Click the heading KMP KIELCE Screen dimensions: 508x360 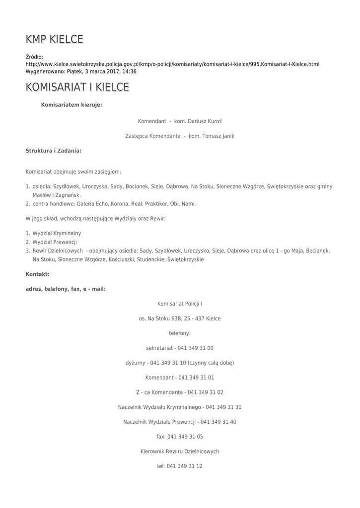pos(54,39)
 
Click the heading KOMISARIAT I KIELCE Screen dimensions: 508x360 pos(77,87)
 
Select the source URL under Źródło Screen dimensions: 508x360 pos(172,64)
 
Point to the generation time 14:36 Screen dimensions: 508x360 pos(130,71)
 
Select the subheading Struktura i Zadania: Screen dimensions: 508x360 pos(54,150)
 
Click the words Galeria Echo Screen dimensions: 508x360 pos(92,203)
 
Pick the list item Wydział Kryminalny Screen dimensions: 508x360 pos(57,233)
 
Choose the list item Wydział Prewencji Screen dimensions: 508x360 pos(55,242)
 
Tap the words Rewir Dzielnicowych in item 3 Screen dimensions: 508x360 pos(58,251)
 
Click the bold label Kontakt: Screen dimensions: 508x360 pos(37,274)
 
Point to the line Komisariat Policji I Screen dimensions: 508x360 pos(180,303)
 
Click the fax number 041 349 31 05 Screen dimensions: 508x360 pos(185,437)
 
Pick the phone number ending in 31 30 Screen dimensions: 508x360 pos(223,407)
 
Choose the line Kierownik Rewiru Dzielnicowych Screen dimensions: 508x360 pos(180,451)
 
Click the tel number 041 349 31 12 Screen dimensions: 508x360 pos(184,466)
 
